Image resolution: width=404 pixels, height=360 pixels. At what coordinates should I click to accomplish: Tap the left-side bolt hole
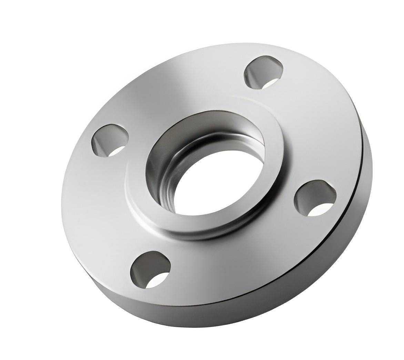pos(110,141)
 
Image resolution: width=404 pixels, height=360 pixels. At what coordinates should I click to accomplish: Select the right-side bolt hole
pos(314,199)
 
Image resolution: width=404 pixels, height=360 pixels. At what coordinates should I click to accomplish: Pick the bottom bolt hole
pos(151,270)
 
